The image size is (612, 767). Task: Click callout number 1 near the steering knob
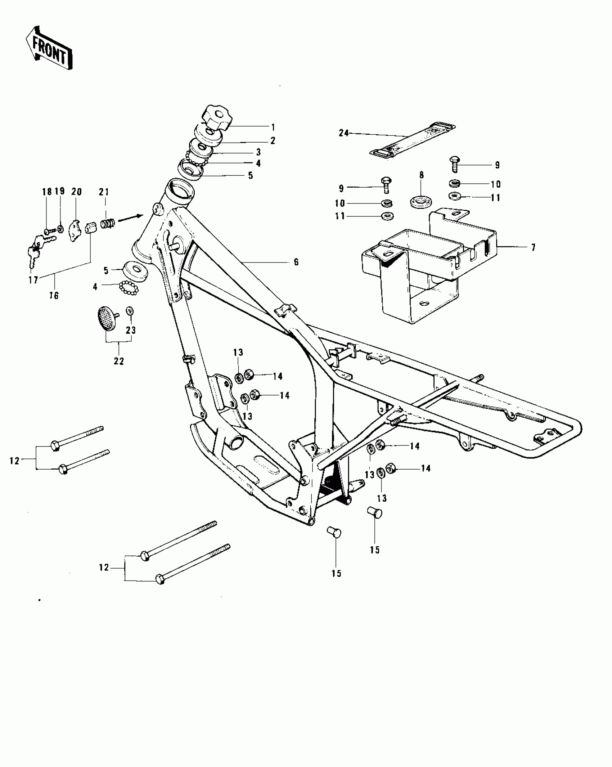coord(273,127)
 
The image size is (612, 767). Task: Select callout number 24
coord(344,133)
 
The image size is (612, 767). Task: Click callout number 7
coord(533,247)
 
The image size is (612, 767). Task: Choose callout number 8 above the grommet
coord(422,175)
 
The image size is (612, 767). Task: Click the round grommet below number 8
coord(421,201)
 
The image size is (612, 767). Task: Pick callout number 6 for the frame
coord(296,262)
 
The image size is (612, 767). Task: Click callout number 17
coord(33,280)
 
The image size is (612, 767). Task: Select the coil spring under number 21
coord(108,224)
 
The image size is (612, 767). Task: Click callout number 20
coord(76,192)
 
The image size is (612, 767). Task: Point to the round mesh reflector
coord(107,317)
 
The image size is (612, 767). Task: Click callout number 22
coord(119,361)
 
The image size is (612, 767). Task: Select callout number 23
coord(131,330)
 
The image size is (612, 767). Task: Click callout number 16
coord(54,296)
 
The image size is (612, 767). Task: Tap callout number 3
coord(258,152)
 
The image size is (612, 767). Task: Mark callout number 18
coord(47,192)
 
